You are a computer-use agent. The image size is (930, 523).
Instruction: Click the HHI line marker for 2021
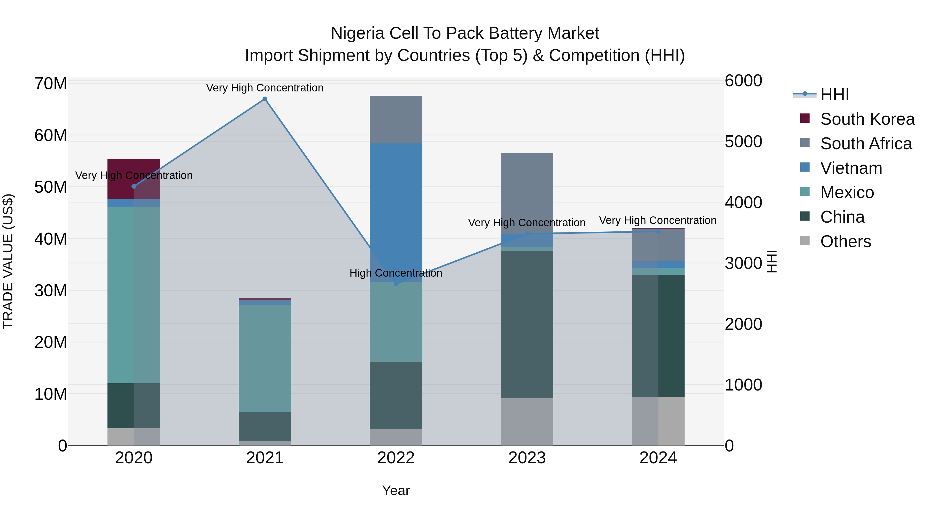(265, 99)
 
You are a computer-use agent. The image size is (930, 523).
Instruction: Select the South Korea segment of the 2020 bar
(134, 179)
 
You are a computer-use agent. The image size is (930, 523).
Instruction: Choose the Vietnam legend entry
(851, 168)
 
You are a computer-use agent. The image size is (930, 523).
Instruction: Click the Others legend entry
(845, 241)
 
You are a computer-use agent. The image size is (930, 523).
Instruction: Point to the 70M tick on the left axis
(51, 83)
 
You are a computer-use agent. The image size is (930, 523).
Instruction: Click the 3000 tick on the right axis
(743, 263)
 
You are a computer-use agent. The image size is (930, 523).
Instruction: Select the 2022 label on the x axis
(396, 458)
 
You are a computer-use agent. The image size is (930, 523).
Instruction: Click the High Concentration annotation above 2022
(396, 273)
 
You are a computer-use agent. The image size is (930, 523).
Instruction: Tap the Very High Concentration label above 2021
(265, 88)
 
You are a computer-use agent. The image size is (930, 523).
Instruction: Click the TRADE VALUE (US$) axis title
(8, 261)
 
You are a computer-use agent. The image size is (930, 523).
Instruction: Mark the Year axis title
(396, 490)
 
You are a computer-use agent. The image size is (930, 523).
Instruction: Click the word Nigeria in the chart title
(357, 33)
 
